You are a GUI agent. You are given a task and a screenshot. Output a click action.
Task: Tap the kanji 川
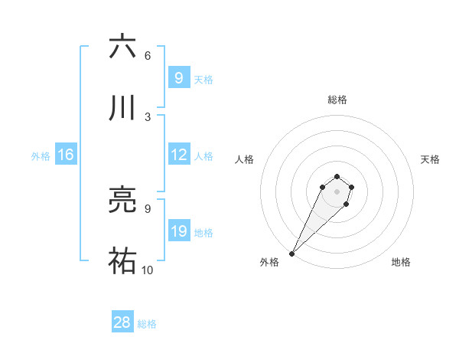tap(122, 108)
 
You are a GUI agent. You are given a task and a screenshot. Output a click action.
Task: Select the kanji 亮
tap(122, 200)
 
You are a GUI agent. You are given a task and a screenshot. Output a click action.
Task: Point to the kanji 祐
tap(122, 261)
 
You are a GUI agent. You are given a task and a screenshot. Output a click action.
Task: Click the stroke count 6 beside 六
tap(148, 55)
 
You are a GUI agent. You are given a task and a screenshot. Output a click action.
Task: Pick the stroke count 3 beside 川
tap(148, 116)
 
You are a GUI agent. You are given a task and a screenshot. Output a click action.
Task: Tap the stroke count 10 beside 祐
tap(148, 270)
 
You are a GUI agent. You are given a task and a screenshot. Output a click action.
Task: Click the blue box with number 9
tap(178, 77)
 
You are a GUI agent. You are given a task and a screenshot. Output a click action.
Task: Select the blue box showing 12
tap(178, 155)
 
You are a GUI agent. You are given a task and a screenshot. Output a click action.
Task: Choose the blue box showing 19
tap(178, 231)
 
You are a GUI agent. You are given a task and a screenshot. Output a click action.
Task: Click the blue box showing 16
tap(65, 155)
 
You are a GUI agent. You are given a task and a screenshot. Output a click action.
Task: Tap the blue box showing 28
tap(122, 322)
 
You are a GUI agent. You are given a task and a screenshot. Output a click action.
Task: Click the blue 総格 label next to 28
tap(147, 324)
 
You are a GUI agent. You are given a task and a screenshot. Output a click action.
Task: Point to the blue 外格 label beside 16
tap(41, 156)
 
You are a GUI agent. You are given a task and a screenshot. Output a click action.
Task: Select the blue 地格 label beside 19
tap(203, 233)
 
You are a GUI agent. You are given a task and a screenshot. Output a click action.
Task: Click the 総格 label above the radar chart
tap(337, 100)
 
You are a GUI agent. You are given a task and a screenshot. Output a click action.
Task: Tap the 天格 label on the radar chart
tap(430, 159)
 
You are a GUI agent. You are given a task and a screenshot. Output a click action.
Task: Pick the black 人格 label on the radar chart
tap(244, 159)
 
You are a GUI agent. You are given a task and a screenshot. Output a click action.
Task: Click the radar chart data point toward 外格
tap(292, 253)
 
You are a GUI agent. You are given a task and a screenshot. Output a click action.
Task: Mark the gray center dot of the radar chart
tap(337, 191)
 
